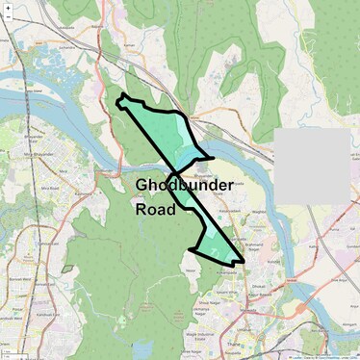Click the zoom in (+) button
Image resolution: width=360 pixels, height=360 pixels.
[x=8, y=8]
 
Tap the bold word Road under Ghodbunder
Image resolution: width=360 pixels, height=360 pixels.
[x=155, y=209]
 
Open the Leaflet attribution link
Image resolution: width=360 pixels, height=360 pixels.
[x=296, y=356]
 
